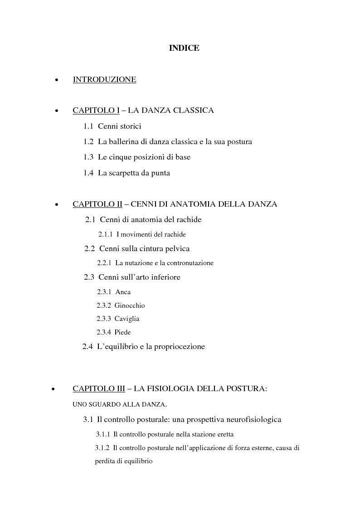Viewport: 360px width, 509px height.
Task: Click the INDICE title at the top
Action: tap(184, 48)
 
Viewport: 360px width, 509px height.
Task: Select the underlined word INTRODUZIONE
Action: tap(104, 80)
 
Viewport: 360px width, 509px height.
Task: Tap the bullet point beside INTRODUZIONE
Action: tap(56, 80)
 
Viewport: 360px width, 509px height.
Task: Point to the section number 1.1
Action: tap(88, 126)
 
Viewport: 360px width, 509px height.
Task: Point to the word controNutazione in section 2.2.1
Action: tap(190, 263)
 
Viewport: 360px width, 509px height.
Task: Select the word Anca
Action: tap(123, 292)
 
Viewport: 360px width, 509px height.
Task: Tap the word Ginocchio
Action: tap(130, 305)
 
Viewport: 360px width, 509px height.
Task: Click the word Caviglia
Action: tap(127, 319)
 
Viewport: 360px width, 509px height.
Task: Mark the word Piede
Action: tap(123, 332)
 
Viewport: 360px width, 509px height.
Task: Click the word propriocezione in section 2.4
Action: tap(178, 347)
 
